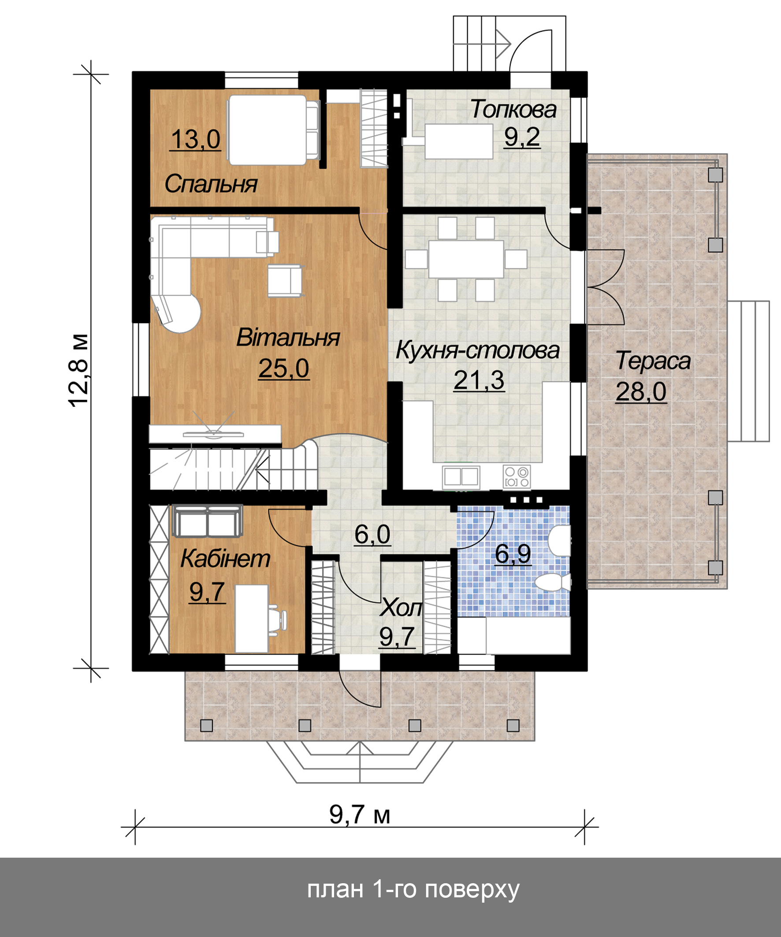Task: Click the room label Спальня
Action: [x=211, y=184]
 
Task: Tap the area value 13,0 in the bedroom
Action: [x=196, y=139]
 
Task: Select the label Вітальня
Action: [x=288, y=337]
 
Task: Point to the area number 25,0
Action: [x=284, y=368]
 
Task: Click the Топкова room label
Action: [x=513, y=109]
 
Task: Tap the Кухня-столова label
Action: [x=477, y=350]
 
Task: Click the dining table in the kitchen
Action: [x=466, y=259]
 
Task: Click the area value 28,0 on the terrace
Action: [x=641, y=392]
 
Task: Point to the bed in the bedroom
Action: [x=274, y=130]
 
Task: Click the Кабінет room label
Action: [x=225, y=559]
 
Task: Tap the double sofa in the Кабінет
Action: [x=208, y=521]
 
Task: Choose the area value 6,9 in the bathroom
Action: [x=513, y=554]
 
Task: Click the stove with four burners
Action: [x=517, y=476]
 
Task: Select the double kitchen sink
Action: [x=461, y=477]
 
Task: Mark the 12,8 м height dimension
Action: [x=79, y=370]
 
